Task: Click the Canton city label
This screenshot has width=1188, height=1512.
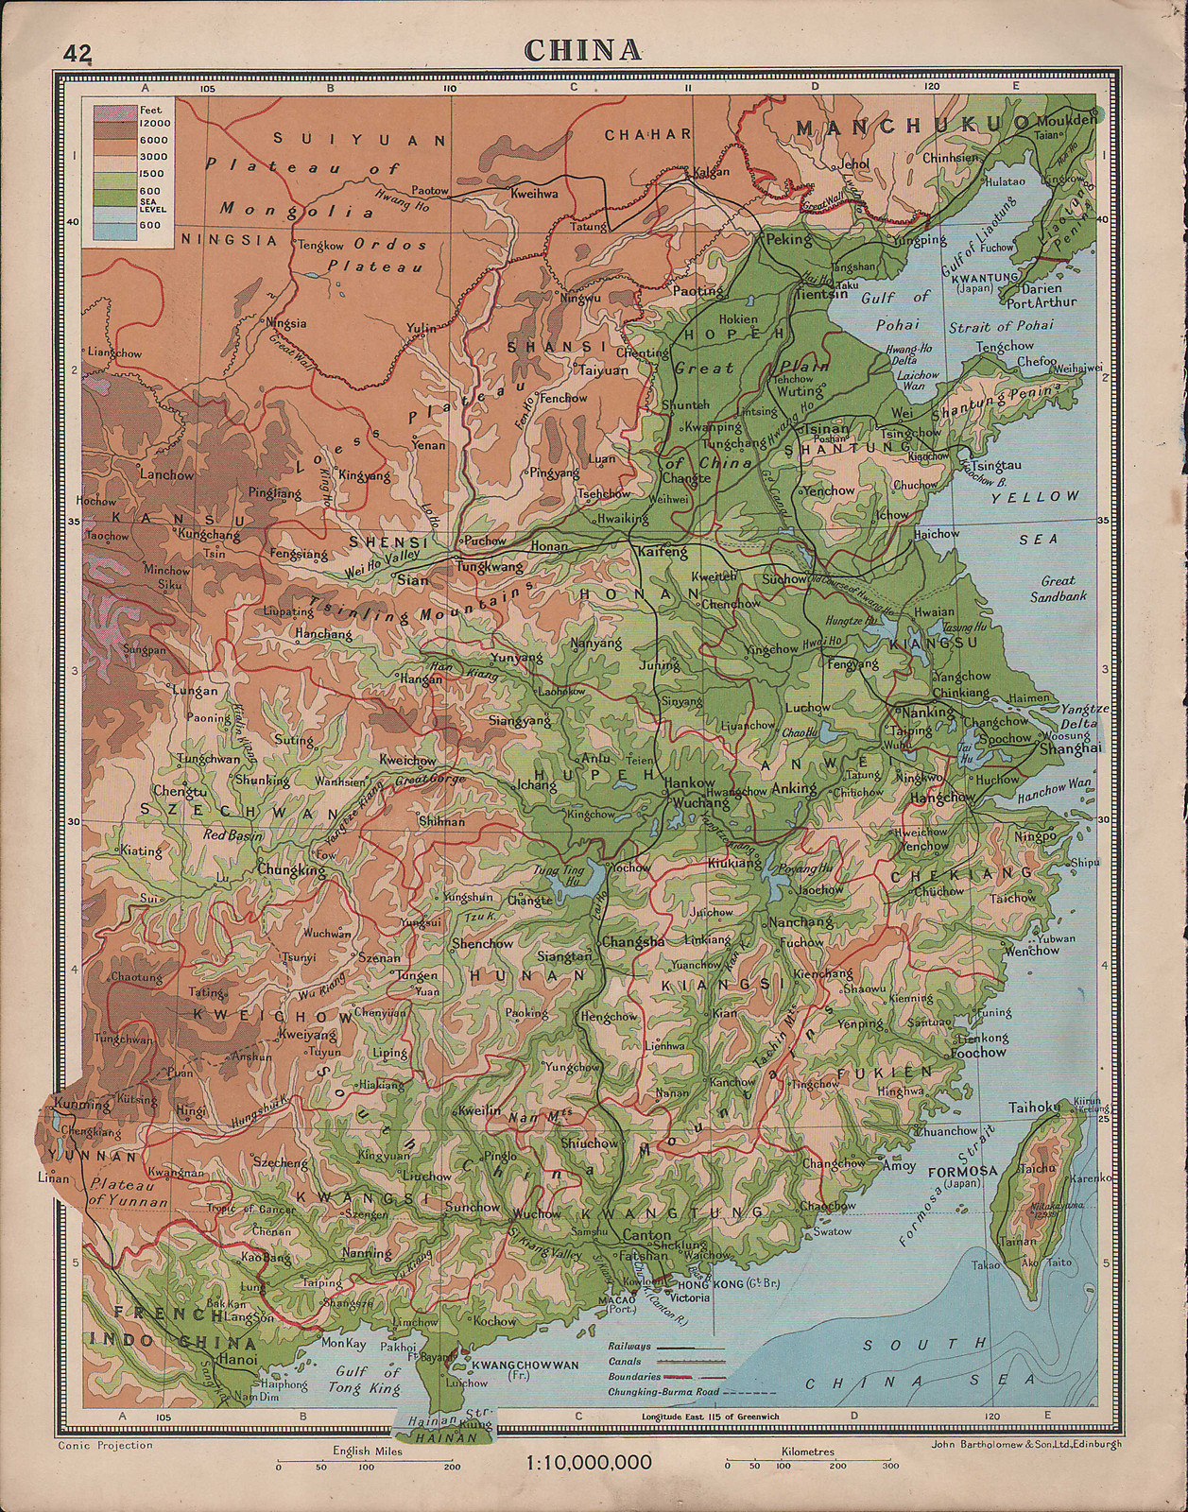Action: tap(646, 1235)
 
